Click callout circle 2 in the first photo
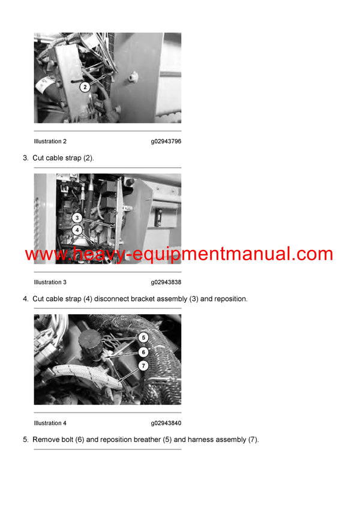pos(85,87)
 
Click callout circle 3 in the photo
pos(77,218)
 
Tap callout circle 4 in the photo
pos(77,230)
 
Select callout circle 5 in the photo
pos(143,338)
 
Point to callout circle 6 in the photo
pos(143,352)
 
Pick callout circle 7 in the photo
pos(143,365)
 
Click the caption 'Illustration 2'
pos(50,141)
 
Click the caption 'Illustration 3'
pos(50,282)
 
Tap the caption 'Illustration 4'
pos(50,423)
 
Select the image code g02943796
pos(166,141)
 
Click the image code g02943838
pos(166,282)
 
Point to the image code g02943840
pos(166,423)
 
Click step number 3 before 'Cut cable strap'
pos(25,158)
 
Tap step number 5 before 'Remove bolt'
pos(25,439)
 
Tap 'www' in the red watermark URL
pos(44,254)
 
